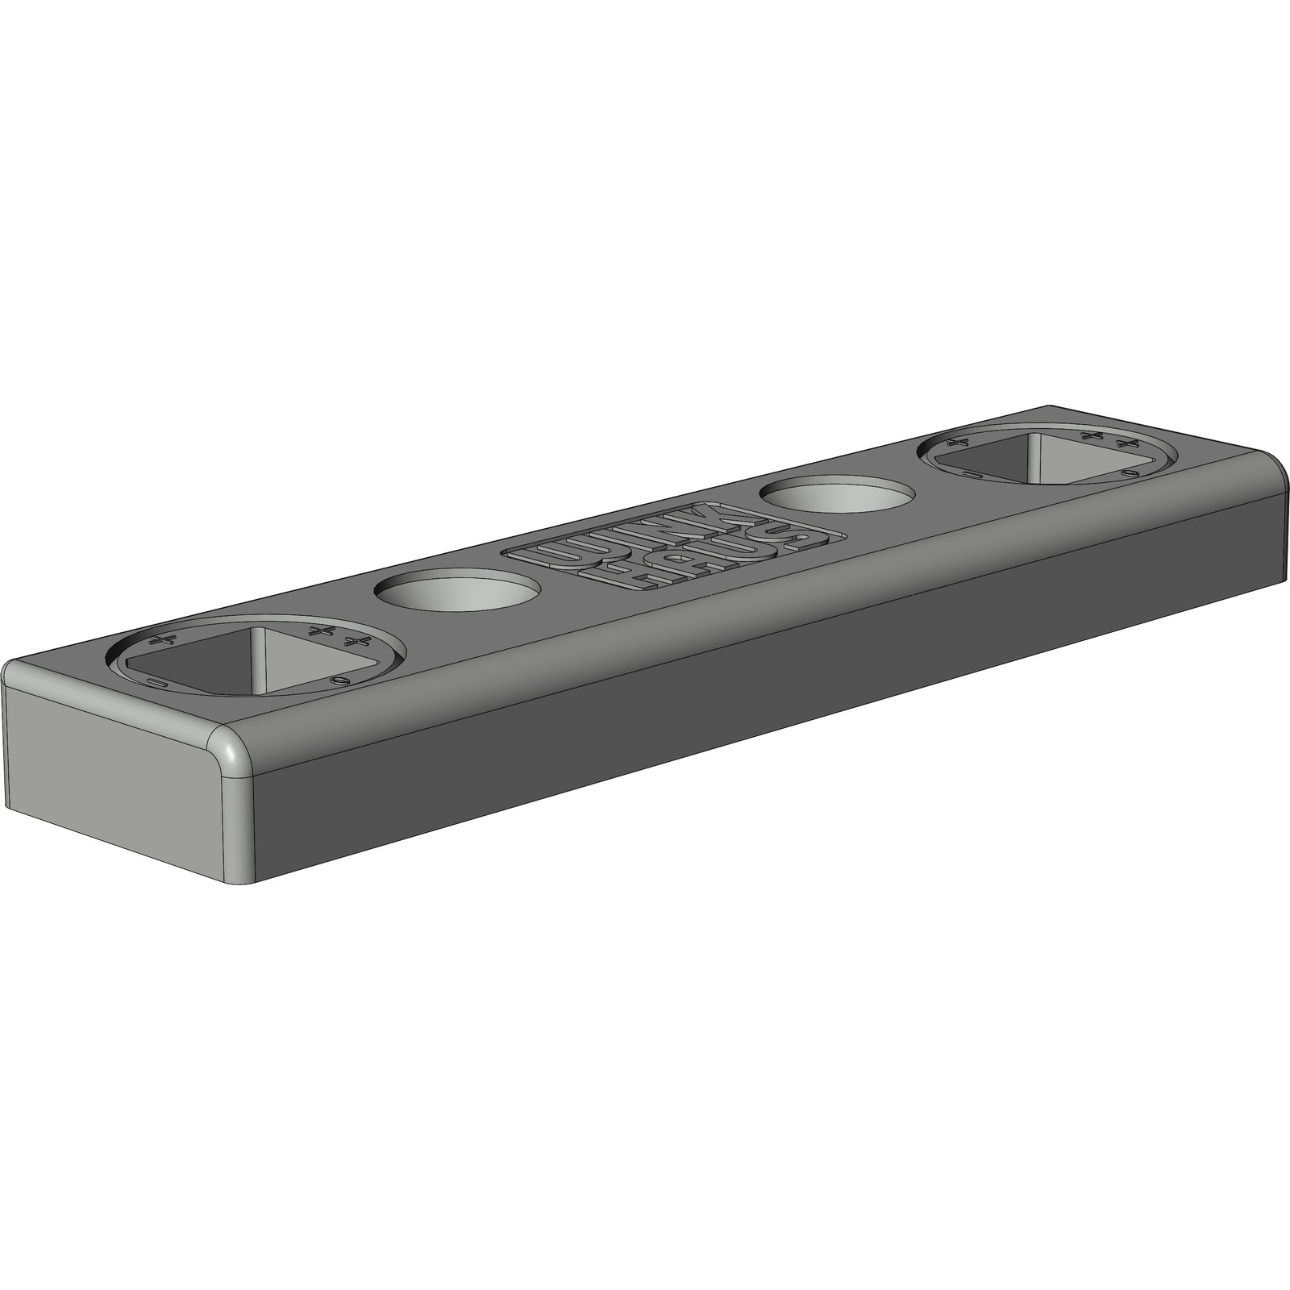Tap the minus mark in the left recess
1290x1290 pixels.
157,683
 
